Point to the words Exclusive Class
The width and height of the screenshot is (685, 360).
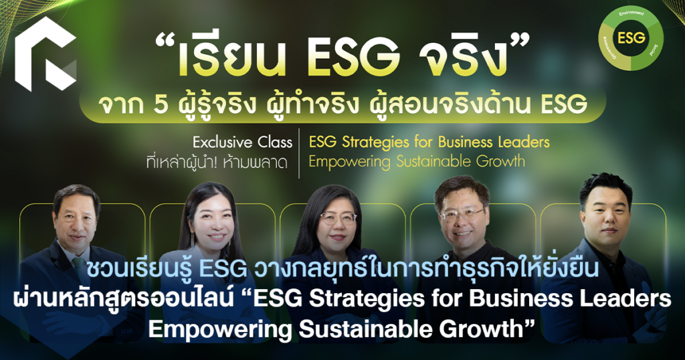[x=242, y=143]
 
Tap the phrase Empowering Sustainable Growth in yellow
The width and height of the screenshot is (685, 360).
[x=416, y=161]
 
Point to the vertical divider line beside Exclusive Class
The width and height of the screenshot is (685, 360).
[x=300, y=152]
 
